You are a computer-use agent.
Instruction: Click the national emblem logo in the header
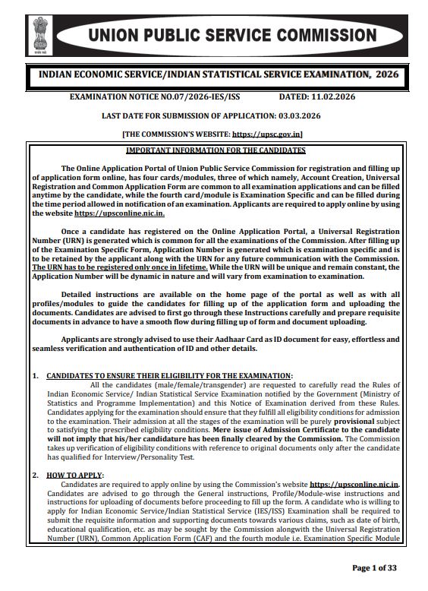[39, 34]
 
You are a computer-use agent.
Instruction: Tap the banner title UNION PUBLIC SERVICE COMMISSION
[232, 36]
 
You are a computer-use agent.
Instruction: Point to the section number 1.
[35, 376]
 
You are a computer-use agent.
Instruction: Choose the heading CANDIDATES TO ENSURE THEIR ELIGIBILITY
[168, 376]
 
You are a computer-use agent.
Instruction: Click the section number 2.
[35, 475]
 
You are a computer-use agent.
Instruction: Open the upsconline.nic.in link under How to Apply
[354, 484]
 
